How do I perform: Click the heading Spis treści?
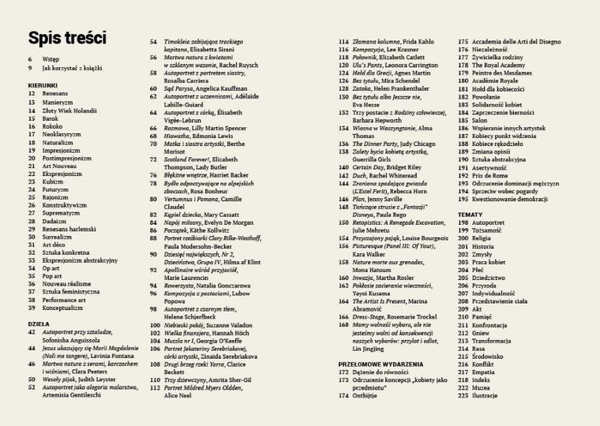(x=67, y=38)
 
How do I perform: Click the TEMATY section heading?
(x=471, y=215)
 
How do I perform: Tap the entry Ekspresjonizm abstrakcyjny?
(x=80, y=259)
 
